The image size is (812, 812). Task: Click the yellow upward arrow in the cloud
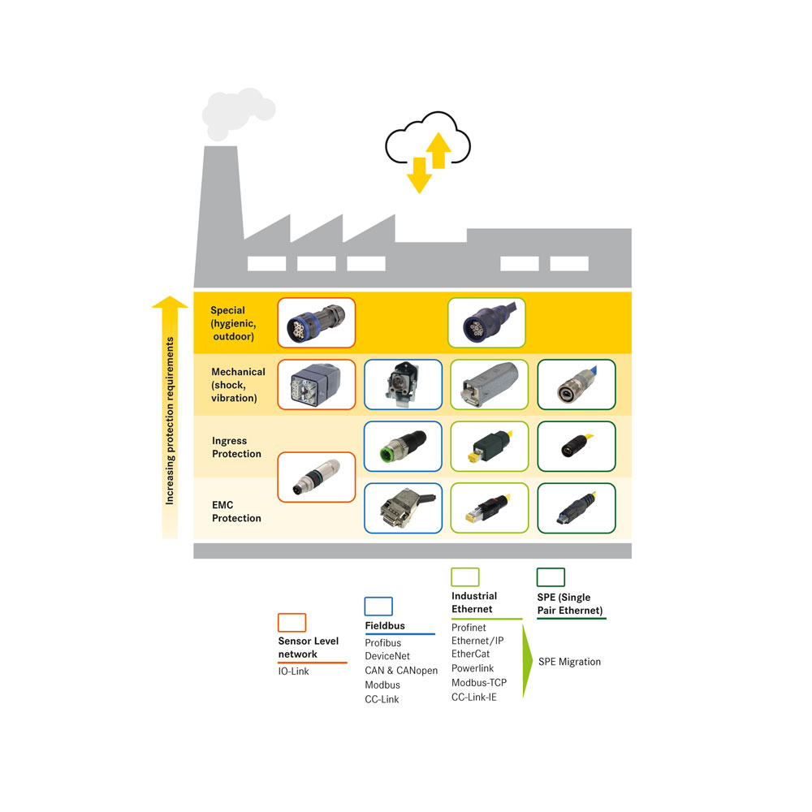[x=438, y=150]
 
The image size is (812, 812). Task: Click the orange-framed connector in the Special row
[x=317, y=322]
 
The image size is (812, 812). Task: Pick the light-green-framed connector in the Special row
[x=486, y=322]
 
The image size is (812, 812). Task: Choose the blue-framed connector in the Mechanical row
[x=403, y=384]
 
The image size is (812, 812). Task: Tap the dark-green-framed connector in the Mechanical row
[x=577, y=384]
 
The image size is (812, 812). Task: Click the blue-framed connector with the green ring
[x=403, y=447]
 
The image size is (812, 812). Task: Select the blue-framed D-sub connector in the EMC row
[x=403, y=508]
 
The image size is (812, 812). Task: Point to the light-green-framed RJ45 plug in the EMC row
[x=490, y=508]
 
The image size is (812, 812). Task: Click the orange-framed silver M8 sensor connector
[x=317, y=477]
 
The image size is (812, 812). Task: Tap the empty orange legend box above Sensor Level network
[x=292, y=622]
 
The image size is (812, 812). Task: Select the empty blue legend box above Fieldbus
[x=378, y=606]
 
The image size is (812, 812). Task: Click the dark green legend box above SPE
[x=551, y=577]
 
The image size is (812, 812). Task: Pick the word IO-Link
[x=294, y=672]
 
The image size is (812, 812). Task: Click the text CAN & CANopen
[x=401, y=670]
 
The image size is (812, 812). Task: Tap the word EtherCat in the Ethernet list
[x=470, y=654]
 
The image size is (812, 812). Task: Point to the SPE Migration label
[x=570, y=662]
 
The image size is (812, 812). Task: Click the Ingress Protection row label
[x=236, y=447]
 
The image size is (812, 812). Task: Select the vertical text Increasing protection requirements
[x=170, y=421]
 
